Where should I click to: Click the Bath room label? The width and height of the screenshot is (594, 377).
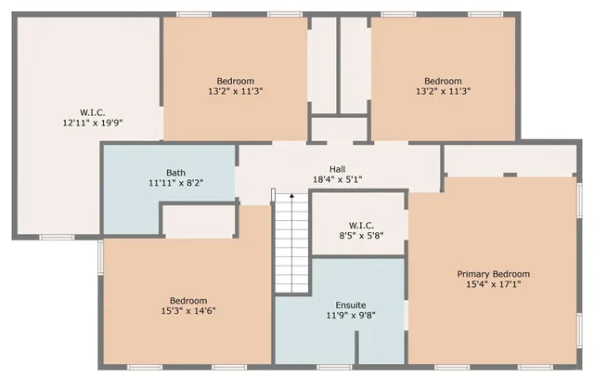coord(175,173)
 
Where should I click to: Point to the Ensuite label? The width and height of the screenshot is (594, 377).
coord(349,305)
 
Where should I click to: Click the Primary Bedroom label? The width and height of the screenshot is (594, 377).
coord(493,274)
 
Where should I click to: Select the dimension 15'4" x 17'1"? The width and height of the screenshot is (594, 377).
coord(493,284)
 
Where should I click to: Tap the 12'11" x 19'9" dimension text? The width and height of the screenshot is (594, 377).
coord(92,123)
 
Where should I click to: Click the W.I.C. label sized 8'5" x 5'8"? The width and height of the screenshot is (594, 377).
coord(361,225)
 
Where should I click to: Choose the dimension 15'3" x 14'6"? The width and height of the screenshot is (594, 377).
coord(188,310)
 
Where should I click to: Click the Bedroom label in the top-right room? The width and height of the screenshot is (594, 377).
coord(443,81)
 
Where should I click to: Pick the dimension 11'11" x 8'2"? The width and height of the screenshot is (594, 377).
coord(175,184)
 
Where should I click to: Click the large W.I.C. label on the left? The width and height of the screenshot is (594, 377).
coord(92,112)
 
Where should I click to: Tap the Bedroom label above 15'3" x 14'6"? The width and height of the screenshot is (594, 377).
coord(188,300)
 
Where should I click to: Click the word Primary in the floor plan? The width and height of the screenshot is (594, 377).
coord(474,274)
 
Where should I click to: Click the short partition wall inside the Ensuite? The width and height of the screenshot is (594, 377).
coord(356,347)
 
